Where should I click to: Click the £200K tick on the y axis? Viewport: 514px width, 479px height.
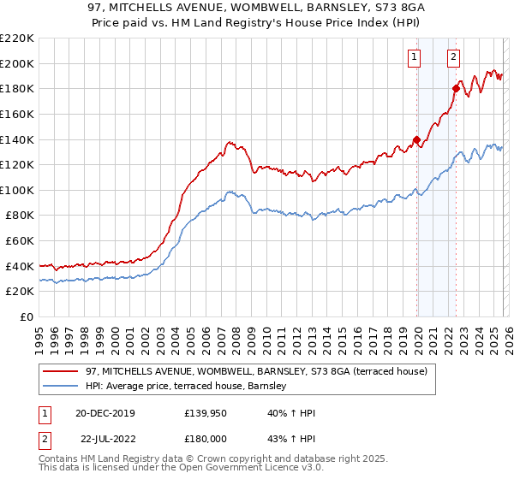point(17,63)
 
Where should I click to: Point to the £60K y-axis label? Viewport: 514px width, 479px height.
point(20,240)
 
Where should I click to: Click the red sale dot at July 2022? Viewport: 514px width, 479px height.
point(456,88)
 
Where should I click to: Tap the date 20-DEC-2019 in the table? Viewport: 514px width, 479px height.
point(105,413)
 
